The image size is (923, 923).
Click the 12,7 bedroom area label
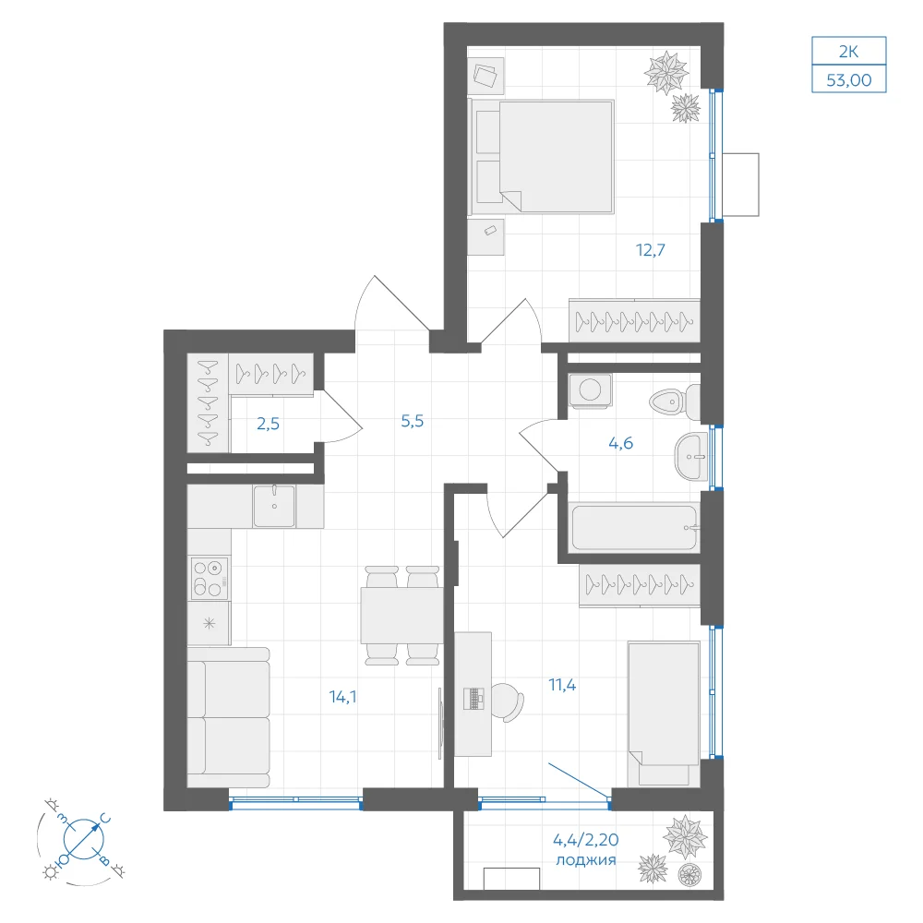coord(651,250)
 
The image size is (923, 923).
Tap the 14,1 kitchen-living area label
coord(342,697)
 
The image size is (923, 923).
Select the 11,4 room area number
coord(562,685)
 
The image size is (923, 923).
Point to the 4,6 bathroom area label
coord(620,443)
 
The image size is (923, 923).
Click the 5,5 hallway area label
coord(412,421)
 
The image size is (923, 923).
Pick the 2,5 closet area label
coord(268,424)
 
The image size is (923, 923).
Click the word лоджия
coord(586,860)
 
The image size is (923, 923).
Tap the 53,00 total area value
coord(849,80)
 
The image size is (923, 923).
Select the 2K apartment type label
coord(849,52)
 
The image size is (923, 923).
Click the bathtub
coord(634,527)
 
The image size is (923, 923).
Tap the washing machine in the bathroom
coord(591,390)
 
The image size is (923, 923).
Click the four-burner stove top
coord(209,578)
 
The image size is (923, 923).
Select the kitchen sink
coord(274,506)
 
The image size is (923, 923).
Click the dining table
coord(402,615)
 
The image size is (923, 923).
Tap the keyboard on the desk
coord(473,699)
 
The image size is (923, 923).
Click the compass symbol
coord(84,839)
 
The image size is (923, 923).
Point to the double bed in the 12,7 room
coord(542,157)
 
